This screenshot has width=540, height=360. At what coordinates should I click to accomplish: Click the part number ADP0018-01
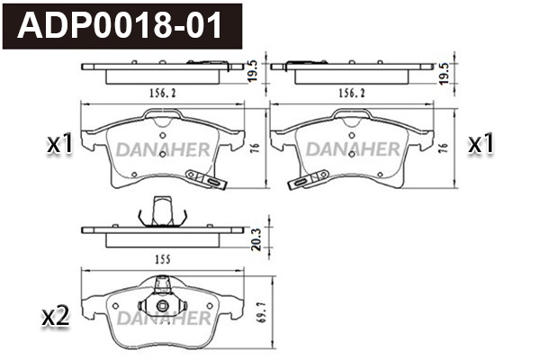pos(125,23)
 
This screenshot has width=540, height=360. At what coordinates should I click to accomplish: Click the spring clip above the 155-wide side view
pos(161,213)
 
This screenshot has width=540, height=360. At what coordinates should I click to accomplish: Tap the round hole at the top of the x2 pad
pos(161,305)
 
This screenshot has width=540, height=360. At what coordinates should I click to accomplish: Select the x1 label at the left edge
pos(59,144)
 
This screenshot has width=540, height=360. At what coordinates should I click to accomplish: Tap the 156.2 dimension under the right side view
pos(349,92)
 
